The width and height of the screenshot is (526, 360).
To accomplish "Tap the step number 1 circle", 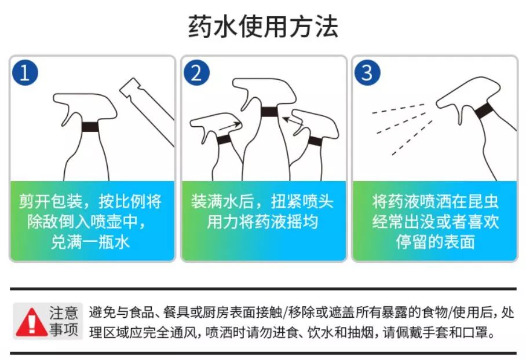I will tap(24, 73).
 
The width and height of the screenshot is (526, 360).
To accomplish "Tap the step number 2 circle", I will tap(196, 73).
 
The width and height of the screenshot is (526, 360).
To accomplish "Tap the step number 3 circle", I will tap(367, 73).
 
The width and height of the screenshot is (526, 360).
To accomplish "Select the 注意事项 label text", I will tap(64, 322).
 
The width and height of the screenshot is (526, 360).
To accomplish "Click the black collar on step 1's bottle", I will tap(90, 127).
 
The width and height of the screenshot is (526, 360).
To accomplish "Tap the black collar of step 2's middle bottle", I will tap(268, 111).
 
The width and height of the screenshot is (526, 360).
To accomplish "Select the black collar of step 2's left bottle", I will tap(224, 139).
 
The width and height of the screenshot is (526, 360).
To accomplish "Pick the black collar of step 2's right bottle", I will tap(315, 141).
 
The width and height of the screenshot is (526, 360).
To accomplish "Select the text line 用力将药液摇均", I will tap(262, 222).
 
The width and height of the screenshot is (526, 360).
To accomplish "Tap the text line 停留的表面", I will tap(435, 241).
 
